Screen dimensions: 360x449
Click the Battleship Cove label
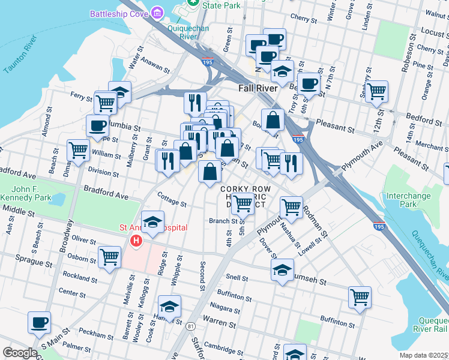click(x=119, y=13)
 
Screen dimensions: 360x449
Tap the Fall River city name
click(x=258, y=88)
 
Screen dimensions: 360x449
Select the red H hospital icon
click(x=136, y=242)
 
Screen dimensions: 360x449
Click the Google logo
click(x=20, y=353)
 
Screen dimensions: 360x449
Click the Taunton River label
click(x=20, y=55)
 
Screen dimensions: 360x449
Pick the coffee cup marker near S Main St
click(x=40, y=322)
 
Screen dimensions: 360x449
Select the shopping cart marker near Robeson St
click(x=376, y=91)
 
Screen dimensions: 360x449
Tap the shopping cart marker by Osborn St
click(x=109, y=257)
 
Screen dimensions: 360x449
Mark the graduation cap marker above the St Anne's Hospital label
click(x=153, y=221)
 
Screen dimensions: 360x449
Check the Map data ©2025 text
click(x=424, y=355)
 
